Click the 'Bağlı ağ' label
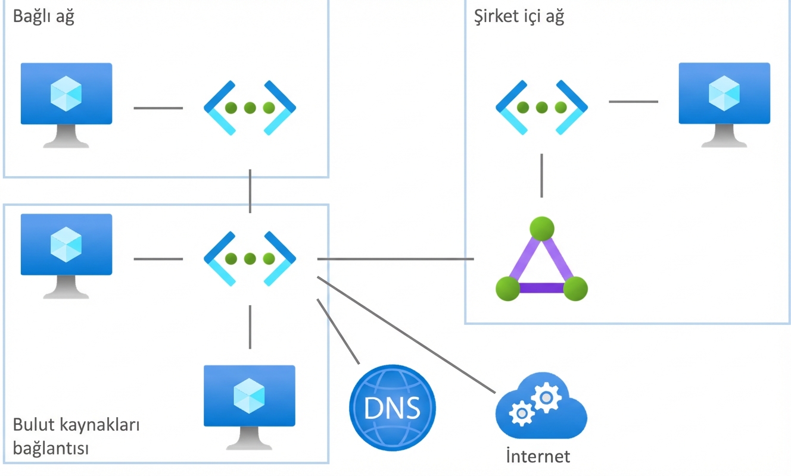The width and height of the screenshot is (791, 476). click(43, 17)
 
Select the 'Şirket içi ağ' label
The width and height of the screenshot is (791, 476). click(518, 17)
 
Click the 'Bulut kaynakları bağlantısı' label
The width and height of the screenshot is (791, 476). click(76, 436)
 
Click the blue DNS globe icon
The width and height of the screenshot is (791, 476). click(392, 408)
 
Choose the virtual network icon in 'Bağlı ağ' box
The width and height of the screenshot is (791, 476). click(250, 108)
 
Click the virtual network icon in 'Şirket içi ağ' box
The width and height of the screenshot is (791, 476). click(541, 108)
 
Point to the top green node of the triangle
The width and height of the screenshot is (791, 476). click(541, 228)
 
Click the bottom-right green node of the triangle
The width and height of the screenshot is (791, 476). click(575, 289)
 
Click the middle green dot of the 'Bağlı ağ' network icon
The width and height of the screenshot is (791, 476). click(250, 108)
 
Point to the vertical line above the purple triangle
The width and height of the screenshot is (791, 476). click(541, 176)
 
